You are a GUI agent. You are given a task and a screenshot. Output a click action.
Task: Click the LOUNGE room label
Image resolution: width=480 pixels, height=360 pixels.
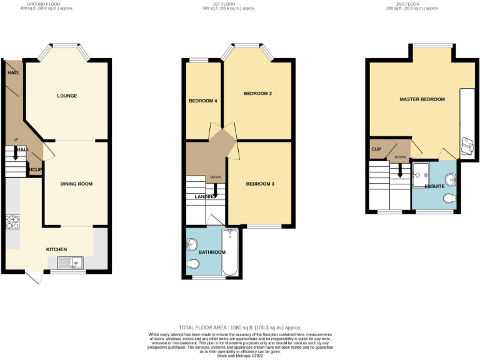tap(67, 96)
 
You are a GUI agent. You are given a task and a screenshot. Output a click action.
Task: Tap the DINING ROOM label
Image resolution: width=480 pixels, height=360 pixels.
tap(76, 184)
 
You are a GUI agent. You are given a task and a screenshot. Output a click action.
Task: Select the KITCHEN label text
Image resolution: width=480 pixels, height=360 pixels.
tap(56, 249)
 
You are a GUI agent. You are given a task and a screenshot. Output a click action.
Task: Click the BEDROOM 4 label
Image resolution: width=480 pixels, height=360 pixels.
tap(202, 101)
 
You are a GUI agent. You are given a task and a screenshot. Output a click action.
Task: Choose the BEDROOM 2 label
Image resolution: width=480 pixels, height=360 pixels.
tap(257, 94)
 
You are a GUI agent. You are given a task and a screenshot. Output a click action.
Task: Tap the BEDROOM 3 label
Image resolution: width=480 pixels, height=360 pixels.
tap(260, 184)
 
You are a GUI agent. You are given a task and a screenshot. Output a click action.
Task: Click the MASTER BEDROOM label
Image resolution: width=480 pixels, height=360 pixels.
tap(422, 99)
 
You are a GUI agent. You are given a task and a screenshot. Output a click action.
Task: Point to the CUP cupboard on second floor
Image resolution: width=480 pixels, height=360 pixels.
tap(376, 149)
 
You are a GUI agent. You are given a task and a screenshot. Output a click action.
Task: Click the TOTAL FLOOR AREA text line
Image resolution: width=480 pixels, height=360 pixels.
tap(240, 327)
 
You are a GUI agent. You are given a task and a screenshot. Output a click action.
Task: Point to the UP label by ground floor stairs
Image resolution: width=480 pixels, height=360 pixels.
tap(16, 139)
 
